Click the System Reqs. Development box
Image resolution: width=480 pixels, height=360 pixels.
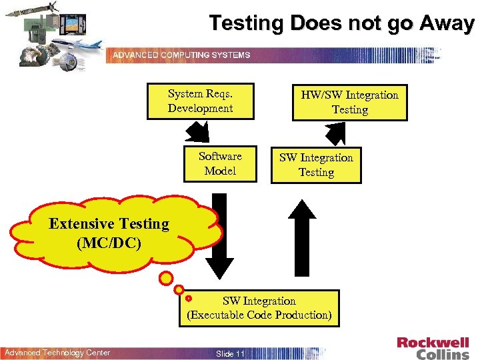pos(200,101)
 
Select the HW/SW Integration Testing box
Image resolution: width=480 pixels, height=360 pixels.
pos(349,102)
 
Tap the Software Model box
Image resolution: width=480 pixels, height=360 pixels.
pos(220,163)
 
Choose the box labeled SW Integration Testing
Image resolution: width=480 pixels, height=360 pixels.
pos(316,165)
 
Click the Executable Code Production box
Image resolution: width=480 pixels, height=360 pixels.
pos(259,308)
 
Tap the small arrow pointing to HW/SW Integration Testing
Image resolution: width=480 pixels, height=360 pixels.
pos(335,133)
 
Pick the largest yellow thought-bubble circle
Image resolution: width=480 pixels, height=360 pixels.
pos(166,277)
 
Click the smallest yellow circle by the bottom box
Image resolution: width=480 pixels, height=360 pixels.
pos(189,299)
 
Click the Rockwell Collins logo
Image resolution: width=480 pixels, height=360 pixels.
pos(433,348)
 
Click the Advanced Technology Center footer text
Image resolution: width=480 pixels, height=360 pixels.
pos(57,353)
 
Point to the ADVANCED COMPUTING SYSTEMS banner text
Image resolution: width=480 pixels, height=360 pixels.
pos(181,55)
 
